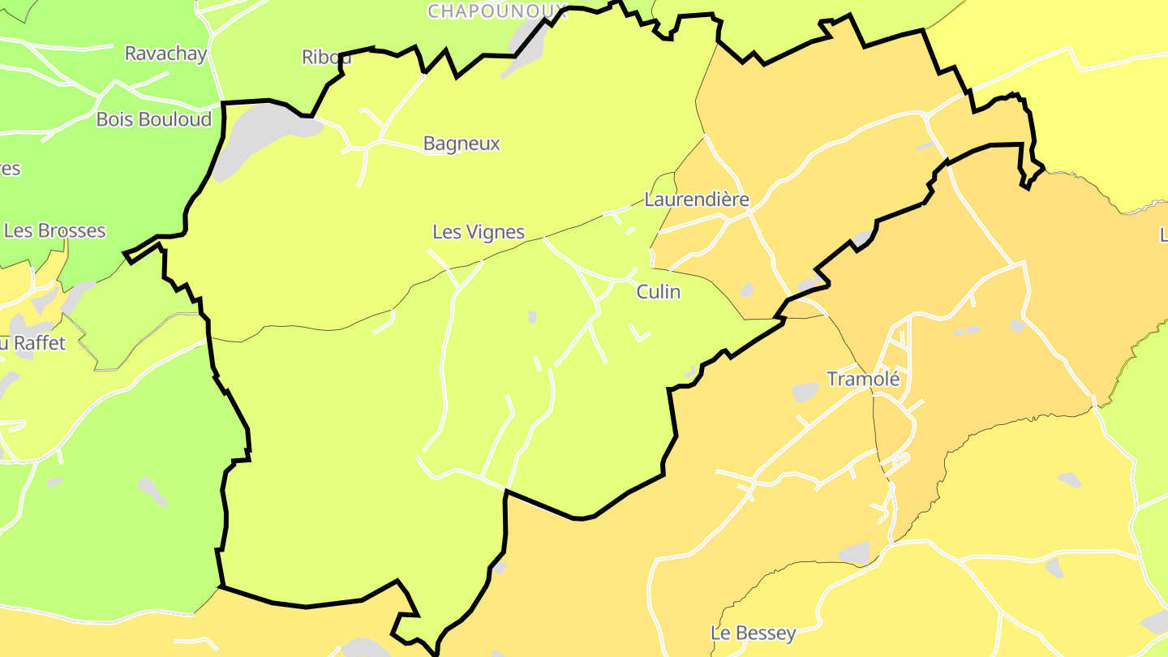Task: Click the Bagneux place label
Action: [462, 144]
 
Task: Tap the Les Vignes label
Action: [479, 232]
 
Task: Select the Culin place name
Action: [658, 292]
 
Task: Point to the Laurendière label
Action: [696, 200]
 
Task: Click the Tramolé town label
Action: [863, 379]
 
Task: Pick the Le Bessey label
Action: [753, 633]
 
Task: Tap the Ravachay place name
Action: [165, 54]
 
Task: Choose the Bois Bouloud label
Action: [153, 119]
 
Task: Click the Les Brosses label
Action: [54, 230]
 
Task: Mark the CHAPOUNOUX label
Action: [496, 11]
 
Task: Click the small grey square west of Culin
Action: [532, 316]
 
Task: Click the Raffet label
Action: [39, 343]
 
